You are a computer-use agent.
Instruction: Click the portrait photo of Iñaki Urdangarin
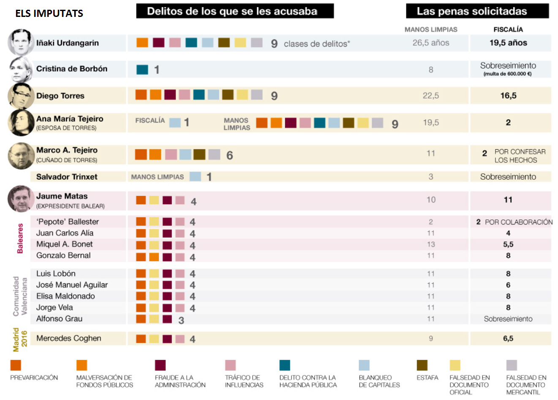[x=21, y=42]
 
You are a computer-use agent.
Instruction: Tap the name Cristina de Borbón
[x=71, y=69]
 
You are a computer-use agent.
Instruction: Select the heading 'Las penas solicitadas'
[x=477, y=11]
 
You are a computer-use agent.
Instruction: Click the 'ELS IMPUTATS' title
[x=49, y=14]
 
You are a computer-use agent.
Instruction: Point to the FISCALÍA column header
[x=508, y=30]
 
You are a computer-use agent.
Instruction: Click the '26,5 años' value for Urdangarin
[x=431, y=43]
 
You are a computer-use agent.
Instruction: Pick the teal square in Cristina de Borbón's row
[x=142, y=69]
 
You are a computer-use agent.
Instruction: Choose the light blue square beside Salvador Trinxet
[x=195, y=177]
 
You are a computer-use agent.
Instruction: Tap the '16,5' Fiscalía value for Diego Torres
[x=508, y=96]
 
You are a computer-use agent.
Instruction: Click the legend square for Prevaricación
[x=16, y=365]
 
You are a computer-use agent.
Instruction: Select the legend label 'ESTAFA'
[x=427, y=378]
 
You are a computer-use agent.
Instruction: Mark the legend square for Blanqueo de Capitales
[x=364, y=365]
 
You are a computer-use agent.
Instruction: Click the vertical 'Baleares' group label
[x=20, y=239]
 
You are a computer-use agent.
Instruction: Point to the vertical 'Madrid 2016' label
[x=20, y=339]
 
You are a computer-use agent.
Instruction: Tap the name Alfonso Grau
[x=59, y=319]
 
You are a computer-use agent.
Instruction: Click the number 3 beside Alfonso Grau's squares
[x=181, y=321]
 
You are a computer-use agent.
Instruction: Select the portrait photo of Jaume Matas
[x=21, y=199]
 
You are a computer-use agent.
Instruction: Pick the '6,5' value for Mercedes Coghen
[x=508, y=339]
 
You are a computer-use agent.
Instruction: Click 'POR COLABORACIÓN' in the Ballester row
[x=519, y=222]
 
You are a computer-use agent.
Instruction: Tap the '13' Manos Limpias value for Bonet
[x=431, y=244]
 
